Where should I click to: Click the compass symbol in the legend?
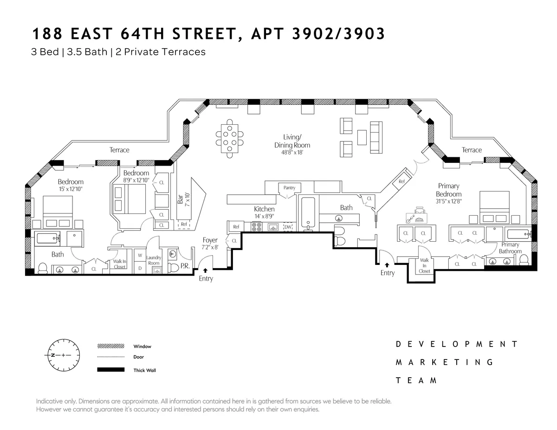pos(61,355)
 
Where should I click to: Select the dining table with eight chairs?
pos(229,138)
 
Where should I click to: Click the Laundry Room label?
pos(153,260)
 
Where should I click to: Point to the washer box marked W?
pos(140,256)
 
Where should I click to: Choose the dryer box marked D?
pos(140,268)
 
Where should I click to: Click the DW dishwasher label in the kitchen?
pos(288,227)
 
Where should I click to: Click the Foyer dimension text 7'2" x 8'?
pos(210,247)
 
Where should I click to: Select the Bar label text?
pos(181,199)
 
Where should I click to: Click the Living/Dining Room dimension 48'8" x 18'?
pos(292,152)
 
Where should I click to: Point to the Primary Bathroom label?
pos(510,248)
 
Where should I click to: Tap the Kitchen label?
pos(264,209)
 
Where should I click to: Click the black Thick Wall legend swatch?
pos(111,370)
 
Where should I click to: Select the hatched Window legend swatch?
pos(111,346)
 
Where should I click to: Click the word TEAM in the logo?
pos(416,380)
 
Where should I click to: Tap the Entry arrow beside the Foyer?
pos(205,270)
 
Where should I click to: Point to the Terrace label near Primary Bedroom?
pos(472,150)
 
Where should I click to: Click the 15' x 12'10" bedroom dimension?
pos(71,189)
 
